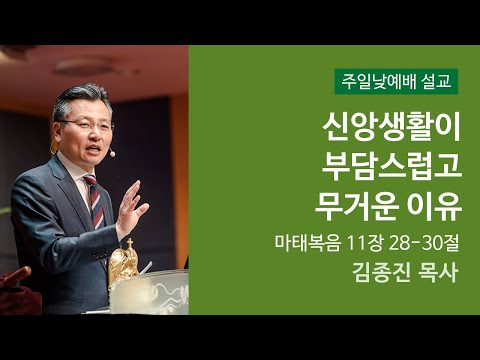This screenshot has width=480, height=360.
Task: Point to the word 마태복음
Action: [x=310, y=243]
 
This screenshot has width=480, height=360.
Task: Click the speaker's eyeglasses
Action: [x=87, y=124]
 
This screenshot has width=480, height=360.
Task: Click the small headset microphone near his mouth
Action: [x=111, y=154]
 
